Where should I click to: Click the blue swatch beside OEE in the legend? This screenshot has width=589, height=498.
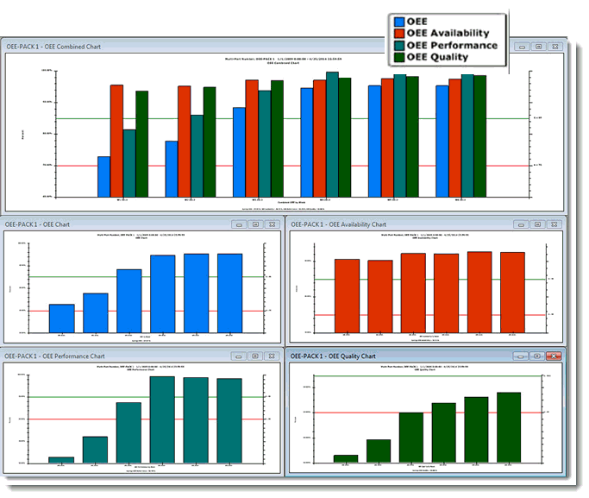[398, 21]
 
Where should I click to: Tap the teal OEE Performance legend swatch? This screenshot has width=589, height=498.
[398, 45]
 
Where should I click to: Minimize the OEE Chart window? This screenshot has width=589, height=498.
[239, 224]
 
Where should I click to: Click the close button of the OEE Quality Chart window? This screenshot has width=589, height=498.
[554, 356]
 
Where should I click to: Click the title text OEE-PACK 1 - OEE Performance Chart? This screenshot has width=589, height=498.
[55, 356]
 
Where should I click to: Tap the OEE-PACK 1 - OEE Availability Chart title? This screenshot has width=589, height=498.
[339, 224]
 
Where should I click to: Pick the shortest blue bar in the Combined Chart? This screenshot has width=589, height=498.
[103, 176]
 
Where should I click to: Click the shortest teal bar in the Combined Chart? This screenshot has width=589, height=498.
[129, 163]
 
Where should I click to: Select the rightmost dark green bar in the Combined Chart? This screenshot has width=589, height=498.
[480, 136]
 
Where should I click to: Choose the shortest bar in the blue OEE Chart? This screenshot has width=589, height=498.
[61, 318]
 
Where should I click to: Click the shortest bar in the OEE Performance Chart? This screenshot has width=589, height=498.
[61, 459]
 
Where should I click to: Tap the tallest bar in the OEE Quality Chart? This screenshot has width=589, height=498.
[509, 427]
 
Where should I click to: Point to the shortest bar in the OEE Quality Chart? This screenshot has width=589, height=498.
[346, 458]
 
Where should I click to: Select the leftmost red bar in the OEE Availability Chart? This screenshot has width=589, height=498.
[347, 295]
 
